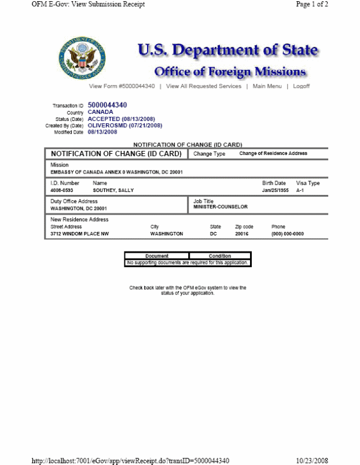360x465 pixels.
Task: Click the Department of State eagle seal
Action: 82,58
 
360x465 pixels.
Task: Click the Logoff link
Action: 302,86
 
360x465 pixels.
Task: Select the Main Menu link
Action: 267,86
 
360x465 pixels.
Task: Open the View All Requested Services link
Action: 204,86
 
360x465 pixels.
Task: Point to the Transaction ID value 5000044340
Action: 108,105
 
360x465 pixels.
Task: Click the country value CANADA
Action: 101,112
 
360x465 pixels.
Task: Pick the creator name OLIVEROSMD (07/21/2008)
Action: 125,125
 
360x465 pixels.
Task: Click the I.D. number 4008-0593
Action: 62,190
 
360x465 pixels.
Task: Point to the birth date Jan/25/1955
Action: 275,190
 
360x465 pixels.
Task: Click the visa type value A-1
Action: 300,190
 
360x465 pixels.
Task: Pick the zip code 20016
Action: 242,234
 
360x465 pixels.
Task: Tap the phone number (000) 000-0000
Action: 288,234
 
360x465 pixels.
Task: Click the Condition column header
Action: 220,256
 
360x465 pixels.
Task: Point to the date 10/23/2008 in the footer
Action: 312,460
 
